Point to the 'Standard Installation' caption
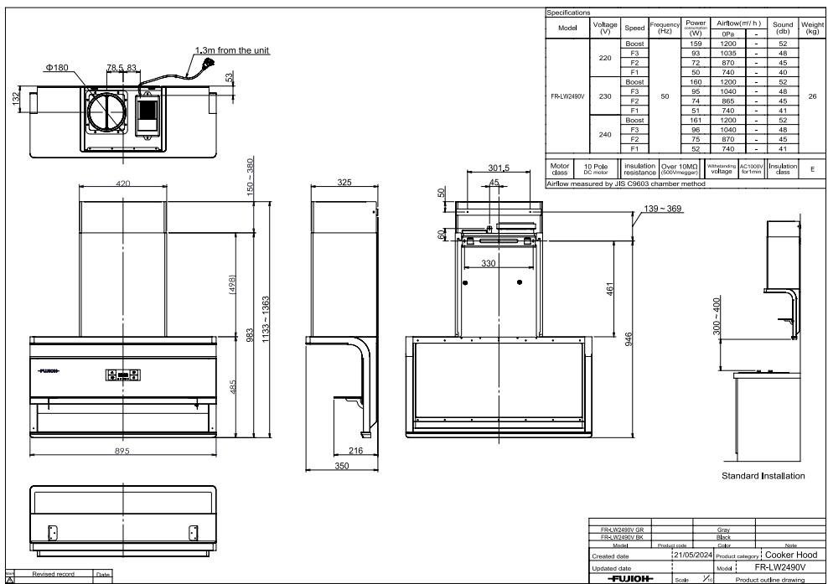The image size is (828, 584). (x=763, y=476)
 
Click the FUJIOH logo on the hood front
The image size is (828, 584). (x=49, y=369)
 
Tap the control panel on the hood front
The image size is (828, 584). (x=123, y=376)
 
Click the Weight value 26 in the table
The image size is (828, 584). (x=811, y=96)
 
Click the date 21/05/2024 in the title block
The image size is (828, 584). (x=691, y=555)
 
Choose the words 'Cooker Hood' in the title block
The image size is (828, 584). (x=792, y=555)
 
